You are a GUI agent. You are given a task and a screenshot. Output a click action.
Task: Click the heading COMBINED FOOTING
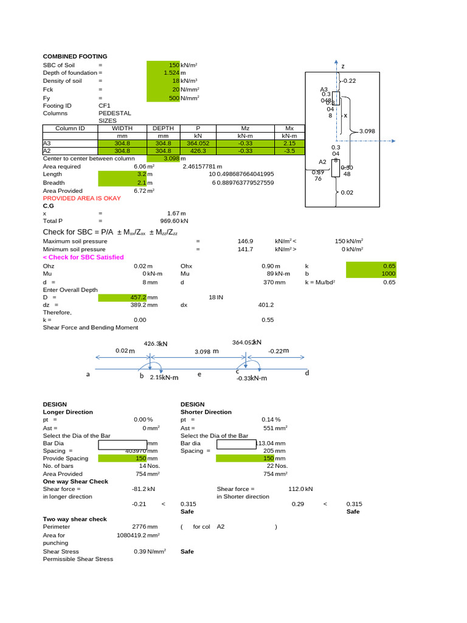point(75,57)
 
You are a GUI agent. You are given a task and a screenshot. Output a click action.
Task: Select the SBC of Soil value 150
point(174,64)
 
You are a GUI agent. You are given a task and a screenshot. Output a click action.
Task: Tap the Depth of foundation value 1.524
point(171,72)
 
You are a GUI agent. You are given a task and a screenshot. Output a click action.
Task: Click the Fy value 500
point(174,97)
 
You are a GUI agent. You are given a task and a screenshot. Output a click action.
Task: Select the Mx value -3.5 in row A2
point(289,151)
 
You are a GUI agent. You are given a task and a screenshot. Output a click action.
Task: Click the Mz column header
point(246,128)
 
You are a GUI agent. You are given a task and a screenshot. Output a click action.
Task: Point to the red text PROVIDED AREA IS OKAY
point(81,198)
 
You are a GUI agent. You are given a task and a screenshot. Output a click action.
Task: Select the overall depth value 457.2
point(140,297)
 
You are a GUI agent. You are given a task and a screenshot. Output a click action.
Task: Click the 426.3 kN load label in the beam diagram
point(155,344)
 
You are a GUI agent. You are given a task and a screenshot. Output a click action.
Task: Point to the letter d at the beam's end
point(307,372)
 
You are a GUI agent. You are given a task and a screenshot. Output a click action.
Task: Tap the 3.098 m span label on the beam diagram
point(206,351)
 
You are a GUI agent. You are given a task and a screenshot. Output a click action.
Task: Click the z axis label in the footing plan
point(342,66)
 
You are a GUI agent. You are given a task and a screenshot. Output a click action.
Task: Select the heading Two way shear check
point(75,519)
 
